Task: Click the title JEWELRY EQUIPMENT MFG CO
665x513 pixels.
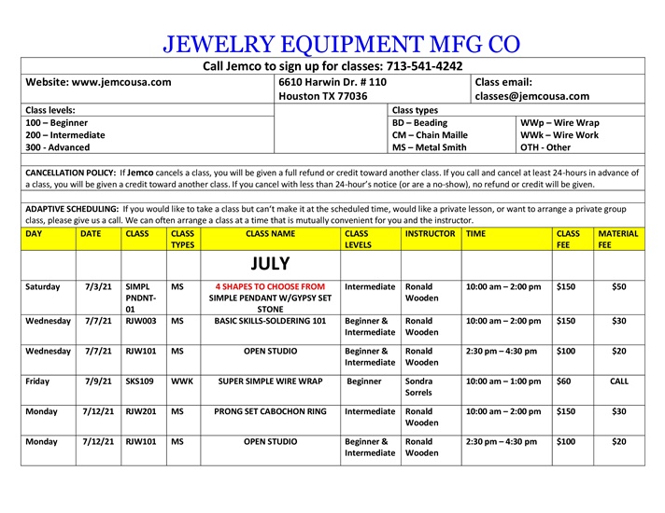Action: (341, 43)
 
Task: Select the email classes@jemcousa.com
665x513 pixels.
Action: (532, 96)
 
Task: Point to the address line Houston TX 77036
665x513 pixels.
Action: (323, 96)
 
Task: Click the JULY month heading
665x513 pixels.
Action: (270, 264)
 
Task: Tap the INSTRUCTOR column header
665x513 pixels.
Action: (430, 234)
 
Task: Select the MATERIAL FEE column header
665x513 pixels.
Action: (617, 240)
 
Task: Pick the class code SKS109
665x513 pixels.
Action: (139, 381)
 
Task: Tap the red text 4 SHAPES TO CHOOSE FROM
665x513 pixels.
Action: (270, 286)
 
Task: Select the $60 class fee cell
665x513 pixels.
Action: (565, 381)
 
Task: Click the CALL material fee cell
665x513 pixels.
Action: (618, 381)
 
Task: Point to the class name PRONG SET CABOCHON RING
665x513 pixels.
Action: (270, 411)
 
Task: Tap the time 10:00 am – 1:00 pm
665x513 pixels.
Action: (502, 381)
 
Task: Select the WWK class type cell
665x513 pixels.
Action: (182, 381)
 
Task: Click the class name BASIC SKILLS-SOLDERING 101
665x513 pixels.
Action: (270, 321)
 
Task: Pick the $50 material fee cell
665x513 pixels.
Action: (618, 286)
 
